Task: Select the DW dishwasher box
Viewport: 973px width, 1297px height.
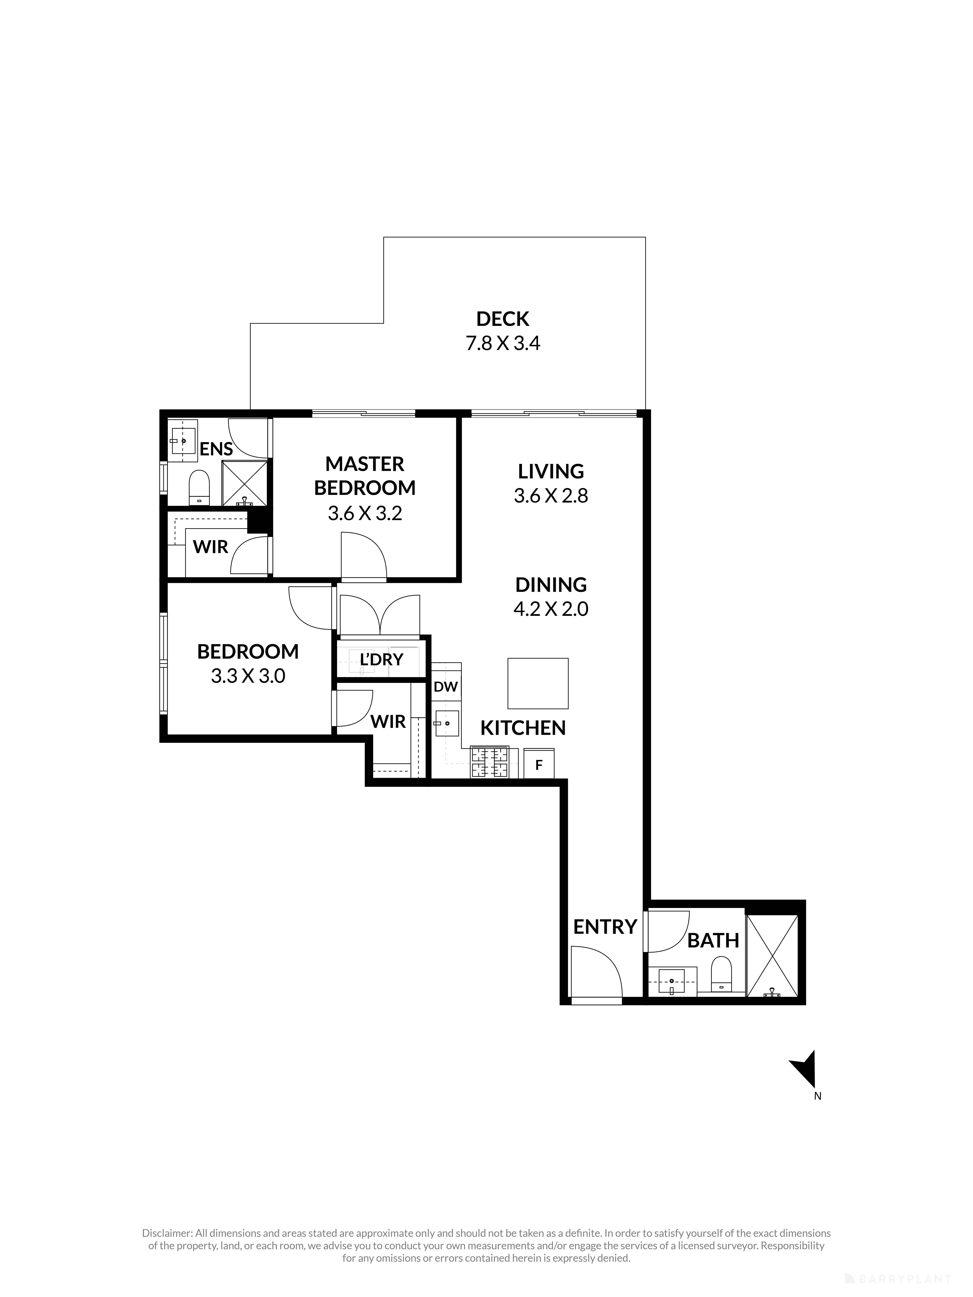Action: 446,687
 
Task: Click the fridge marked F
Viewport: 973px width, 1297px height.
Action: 538,765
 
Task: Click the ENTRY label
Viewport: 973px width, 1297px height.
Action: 605,927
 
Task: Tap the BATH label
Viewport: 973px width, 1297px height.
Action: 713,940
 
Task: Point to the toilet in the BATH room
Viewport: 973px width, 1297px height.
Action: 721,973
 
